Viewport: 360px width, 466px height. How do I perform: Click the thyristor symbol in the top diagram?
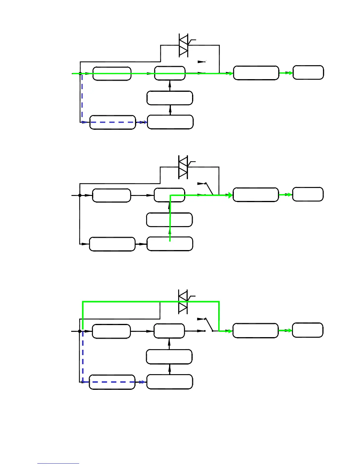(x=184, y=45)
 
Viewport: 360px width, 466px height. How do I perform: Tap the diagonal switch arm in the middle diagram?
(x=209, y=189)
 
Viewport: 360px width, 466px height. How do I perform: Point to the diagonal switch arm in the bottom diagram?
(x=209, y=324)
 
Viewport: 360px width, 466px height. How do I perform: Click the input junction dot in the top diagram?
(x=80, y=73)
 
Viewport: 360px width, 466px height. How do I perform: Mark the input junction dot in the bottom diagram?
(x=79, y=331)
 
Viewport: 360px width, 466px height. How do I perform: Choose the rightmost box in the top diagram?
(x=308, y=73)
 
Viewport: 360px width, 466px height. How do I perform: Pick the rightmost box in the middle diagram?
(x=308, y=194)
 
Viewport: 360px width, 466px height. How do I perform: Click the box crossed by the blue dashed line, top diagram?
(x=113, y=122)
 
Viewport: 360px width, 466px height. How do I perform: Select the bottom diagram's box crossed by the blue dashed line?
(x=112, y=382)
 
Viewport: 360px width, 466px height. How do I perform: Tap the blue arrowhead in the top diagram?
(x=144, y=122)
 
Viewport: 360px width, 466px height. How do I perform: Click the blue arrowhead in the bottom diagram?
(x=143, y=382)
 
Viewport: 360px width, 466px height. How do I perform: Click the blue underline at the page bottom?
(x=58, y=463)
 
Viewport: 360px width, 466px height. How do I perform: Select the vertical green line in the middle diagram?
(x=170, y=218)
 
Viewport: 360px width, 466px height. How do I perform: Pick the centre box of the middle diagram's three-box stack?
(x=169, y=220)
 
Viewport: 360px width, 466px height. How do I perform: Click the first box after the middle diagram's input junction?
(x=111, y=195)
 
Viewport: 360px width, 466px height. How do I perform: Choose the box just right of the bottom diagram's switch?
(x=255, y=331)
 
